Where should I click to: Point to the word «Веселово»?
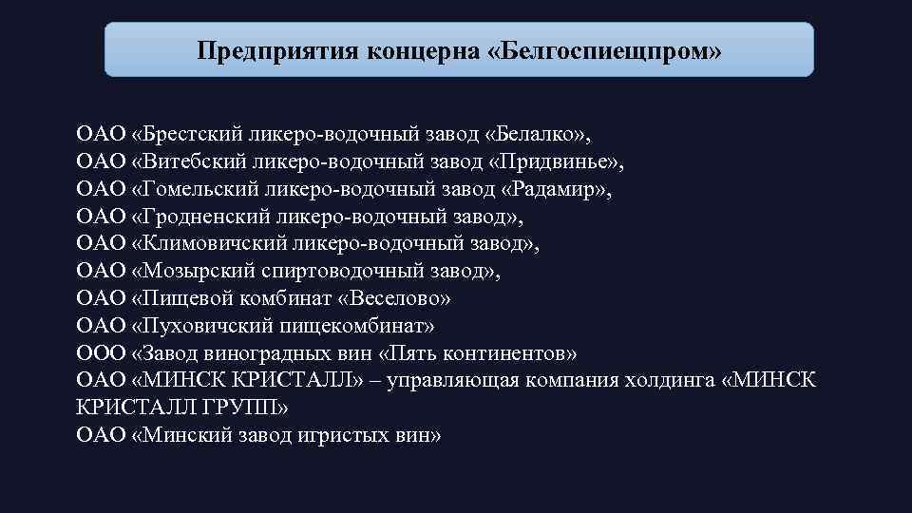[x=397, y=298]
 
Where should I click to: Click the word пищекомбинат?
[x=344, y=326]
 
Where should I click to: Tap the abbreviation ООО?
[x=100, y=353]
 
